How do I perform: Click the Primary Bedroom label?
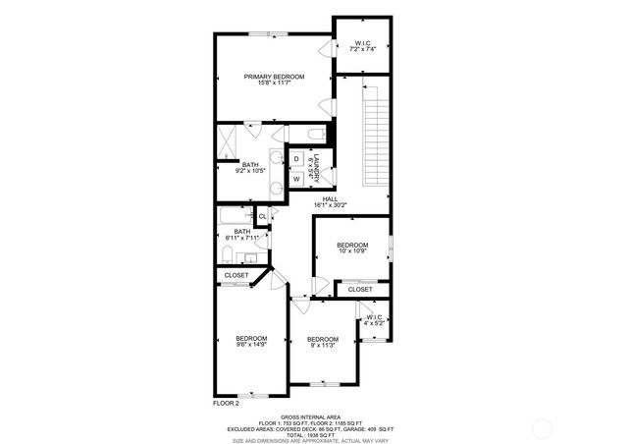click(274, 80)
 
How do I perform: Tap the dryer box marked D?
click(296, 159)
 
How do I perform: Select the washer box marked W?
click(296, 179)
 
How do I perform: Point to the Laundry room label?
click(314, 166)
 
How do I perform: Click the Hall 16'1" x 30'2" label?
click(330, 201)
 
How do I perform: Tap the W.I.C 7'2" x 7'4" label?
click(362, 45)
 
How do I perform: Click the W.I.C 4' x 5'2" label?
click(373, 320)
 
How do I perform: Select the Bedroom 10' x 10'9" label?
click(352, 248)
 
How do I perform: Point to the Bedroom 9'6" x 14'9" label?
click(251, 342)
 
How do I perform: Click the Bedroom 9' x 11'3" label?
click(323, 343)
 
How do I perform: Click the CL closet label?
click(262, 216)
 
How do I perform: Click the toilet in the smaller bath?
click(227, 255)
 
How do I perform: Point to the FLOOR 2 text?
click(227, 403)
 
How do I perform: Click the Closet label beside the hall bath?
click(236, 276)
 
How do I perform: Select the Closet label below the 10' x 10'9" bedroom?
click(360, 290)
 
